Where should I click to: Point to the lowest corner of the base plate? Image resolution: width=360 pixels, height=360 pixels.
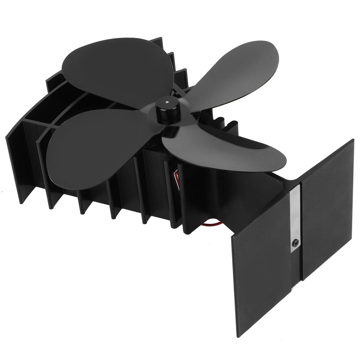[x=239, y=336]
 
